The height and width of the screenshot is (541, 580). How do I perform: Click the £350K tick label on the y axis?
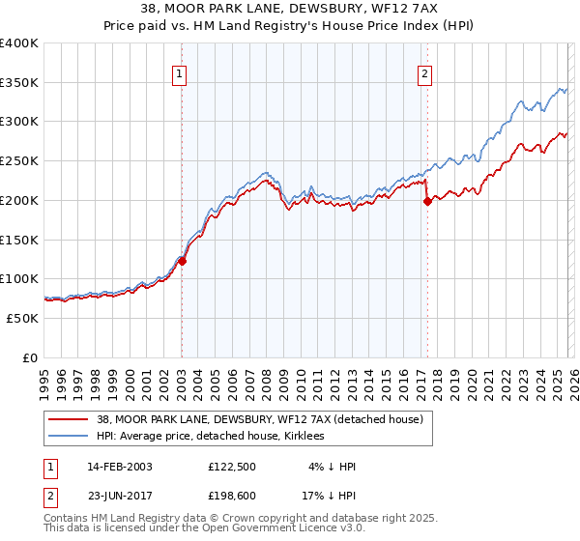pyautogui.click(x=19, y=83)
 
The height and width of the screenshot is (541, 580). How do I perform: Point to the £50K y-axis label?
pyautogui.click(x=22, y=318)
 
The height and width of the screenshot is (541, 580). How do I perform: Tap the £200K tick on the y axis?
pyautogui.click(x=19, y=201)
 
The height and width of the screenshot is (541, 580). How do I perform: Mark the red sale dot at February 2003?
pyautogui.click(x=182, y=260)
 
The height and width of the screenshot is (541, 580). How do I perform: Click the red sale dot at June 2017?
pyautogui.click(x=426, y=202)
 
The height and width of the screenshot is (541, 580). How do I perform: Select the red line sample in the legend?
pyautogui.click(x=69, y=420)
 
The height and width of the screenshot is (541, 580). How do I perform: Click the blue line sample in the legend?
pyautogui.click(x=69, y=437)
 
